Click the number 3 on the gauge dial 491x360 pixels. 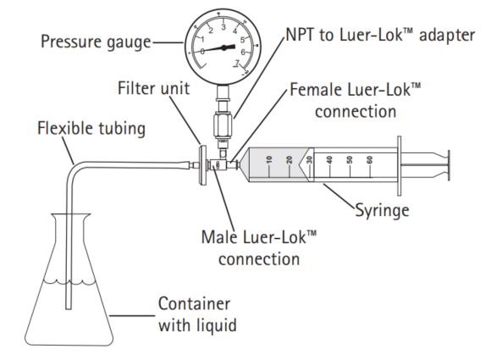pyautogui.click(x=223, y=27)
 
